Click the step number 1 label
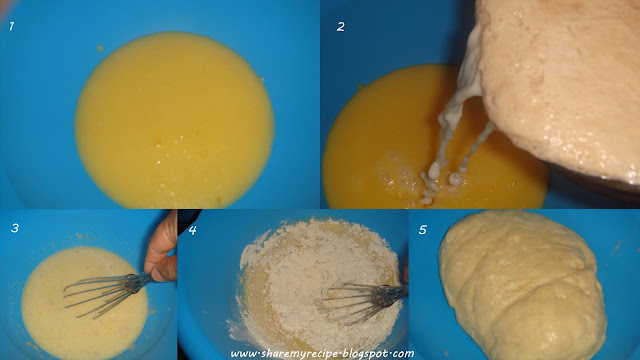11,27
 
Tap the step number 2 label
340,27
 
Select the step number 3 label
15,228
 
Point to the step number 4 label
192,230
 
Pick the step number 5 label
422,230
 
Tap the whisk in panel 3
107,293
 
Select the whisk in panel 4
362,301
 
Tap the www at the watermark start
244,354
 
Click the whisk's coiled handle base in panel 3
133,283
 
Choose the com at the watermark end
405,354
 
